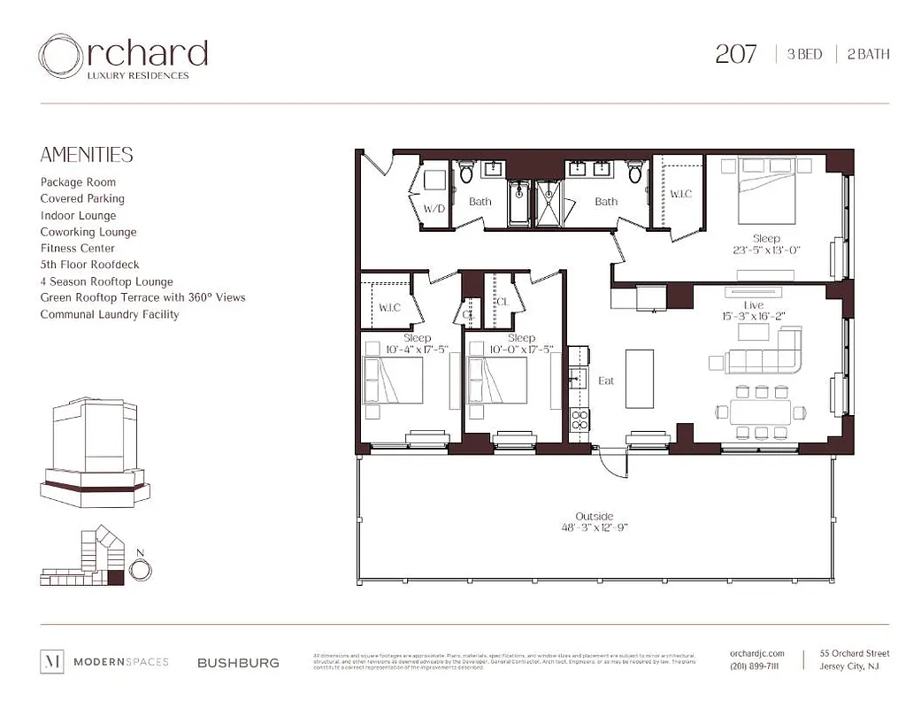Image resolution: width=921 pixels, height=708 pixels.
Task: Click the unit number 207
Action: coord(735,54)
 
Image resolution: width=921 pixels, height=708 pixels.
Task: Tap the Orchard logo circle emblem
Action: coord(60,56)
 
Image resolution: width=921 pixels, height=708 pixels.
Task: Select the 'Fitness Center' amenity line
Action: coord(78,249)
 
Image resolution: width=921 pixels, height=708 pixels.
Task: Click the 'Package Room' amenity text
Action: coord(78,182)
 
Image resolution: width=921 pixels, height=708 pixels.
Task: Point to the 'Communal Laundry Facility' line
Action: coord(109,314)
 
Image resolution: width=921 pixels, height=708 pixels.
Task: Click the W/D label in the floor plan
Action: coord(434,210)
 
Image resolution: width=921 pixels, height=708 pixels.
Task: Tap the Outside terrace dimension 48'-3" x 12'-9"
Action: coord(594,528)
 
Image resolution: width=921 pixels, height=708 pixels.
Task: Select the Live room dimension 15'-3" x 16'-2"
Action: coord(754,316)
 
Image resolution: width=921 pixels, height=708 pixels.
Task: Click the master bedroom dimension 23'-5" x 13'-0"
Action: coord(766,250)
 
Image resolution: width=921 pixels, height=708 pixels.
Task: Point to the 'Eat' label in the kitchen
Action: coord(606,381)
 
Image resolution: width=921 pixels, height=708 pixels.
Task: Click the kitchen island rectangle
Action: coord(639,379)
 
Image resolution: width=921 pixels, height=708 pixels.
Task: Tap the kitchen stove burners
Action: coord(579,419)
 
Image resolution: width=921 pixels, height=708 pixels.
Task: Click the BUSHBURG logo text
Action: coord(238,662)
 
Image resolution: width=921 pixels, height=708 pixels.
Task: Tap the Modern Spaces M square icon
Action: coord(51,661)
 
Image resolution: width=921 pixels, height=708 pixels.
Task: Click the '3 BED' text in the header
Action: coord(804,54)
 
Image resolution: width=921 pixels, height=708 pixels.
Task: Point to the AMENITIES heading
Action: coord(87,155)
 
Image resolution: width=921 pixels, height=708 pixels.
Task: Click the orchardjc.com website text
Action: coord(758,653)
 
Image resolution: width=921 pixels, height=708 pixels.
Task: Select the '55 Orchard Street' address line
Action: coord(854,653)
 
